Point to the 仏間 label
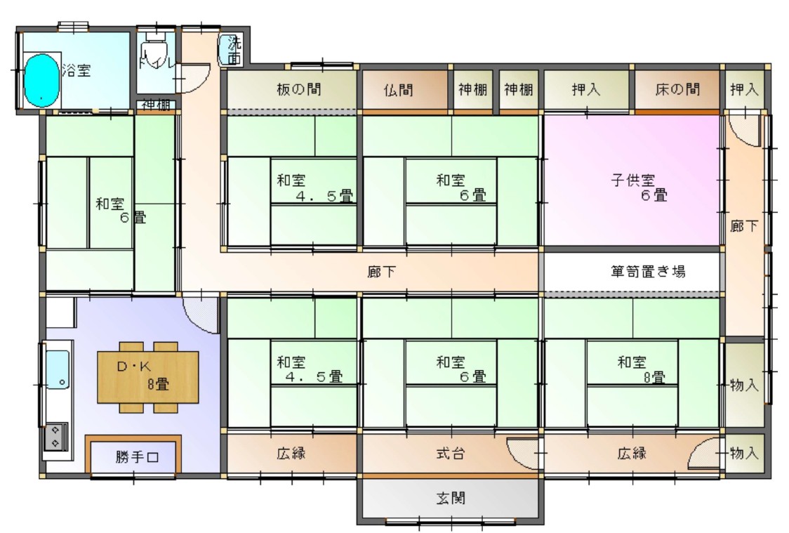(x=398, y=90)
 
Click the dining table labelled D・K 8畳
(x=147, y=376)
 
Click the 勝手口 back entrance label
(x=137, y=458)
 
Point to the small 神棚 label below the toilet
(x=156, y=105)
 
